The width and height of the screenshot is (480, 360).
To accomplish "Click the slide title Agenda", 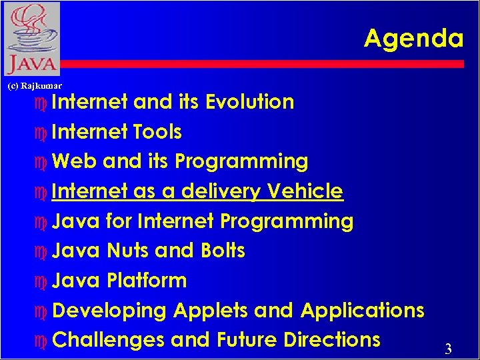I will pos(413,39).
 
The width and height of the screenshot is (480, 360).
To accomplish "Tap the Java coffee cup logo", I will pos(31,38).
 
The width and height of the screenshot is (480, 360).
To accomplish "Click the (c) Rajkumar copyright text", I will pos(34,86).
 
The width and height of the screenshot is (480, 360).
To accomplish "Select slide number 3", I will pos(448,349).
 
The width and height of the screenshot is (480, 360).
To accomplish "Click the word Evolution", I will pos(249,102).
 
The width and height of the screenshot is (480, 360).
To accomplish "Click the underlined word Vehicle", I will pos(305,191).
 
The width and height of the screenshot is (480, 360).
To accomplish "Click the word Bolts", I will pos(223,251).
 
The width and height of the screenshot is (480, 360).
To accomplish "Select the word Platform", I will pos(147,281).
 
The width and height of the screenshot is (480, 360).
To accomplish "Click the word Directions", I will pos(331,340).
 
